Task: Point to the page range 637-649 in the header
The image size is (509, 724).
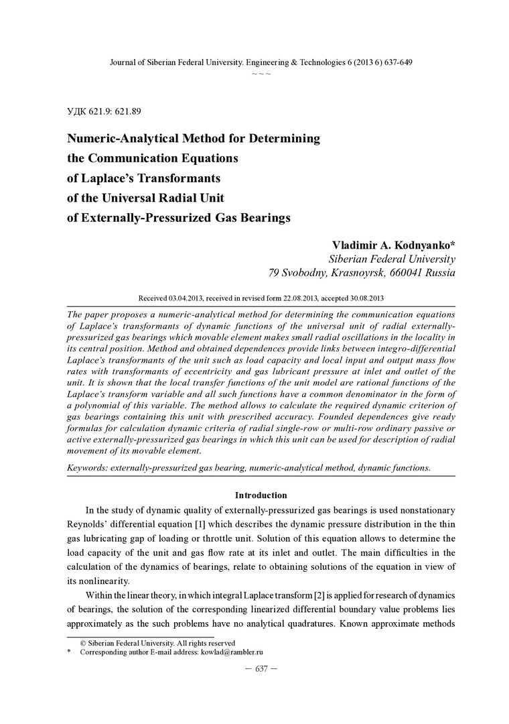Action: tap(394, 62)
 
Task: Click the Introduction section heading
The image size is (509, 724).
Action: tap(261, 495)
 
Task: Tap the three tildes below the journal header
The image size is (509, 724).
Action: tap(261, 72)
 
